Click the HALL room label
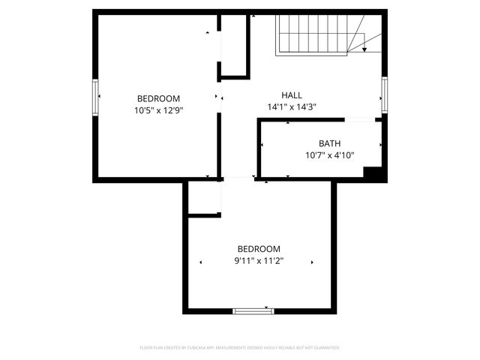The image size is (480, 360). click(292, 95)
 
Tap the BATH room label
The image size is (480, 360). click(329, 143)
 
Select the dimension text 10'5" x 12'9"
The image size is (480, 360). click(158, 110)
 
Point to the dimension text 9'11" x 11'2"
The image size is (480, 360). click(259, 262)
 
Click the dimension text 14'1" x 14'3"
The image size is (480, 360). click(292, 107)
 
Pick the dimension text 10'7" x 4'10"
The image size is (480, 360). click(329, 155)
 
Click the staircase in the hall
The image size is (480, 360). click(313, 34)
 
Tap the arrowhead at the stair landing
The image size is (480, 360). click(364, 49)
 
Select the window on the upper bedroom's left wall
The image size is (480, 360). click(96, 97)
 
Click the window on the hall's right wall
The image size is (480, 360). click(384, 95)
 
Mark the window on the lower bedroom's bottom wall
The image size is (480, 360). click(253, 310)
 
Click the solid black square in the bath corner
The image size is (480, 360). click(373, 172)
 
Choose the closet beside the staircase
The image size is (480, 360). click(235, 45)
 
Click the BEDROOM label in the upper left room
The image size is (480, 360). click(158, 98)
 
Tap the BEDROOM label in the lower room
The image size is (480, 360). click(259, 250)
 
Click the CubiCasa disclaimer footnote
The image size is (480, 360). click(240, 348)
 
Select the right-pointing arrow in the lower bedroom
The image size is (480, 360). click(312, 262)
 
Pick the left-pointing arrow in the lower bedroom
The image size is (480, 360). click(200, 262)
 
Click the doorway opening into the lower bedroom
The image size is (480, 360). click(238, 178)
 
